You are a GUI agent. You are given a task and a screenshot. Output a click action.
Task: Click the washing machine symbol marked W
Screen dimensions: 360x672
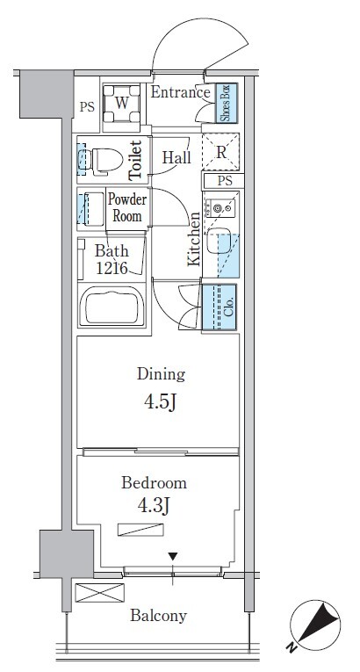click(122, 104)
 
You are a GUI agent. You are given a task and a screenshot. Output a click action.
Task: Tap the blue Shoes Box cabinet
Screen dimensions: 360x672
click(226, 103)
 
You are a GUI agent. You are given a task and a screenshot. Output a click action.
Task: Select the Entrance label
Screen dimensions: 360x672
click(180, 92)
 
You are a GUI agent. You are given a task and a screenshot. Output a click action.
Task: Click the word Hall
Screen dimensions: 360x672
click(176, 158)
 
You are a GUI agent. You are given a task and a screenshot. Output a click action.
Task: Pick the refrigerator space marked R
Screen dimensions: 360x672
click(220, 152)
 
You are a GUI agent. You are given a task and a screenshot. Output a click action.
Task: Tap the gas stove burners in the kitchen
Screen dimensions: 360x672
click(220, 208)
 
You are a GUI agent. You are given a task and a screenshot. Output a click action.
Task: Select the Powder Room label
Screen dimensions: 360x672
click(126, 208)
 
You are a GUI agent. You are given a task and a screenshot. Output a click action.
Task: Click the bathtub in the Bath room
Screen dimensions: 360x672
click(112, 305)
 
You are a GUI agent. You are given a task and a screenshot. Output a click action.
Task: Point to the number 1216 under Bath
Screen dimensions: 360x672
click(112, 268)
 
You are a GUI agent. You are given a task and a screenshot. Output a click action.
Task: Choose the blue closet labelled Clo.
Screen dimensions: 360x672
click(219, 307)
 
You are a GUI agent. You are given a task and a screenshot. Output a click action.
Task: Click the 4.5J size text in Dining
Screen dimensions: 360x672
click(161, 402)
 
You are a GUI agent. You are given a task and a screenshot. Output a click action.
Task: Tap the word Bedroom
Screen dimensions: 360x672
click(154, 483)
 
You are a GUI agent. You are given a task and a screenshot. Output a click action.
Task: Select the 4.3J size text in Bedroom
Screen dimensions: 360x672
click(154, 506)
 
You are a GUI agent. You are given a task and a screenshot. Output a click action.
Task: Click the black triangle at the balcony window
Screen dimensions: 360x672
click(173, 557)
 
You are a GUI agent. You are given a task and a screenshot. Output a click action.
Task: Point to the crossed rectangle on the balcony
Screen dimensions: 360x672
click(100, 593)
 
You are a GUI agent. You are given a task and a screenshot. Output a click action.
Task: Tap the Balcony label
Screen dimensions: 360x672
click(159, 616)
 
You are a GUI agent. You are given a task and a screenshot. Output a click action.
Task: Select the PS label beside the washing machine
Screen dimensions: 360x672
click(87, 107)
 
